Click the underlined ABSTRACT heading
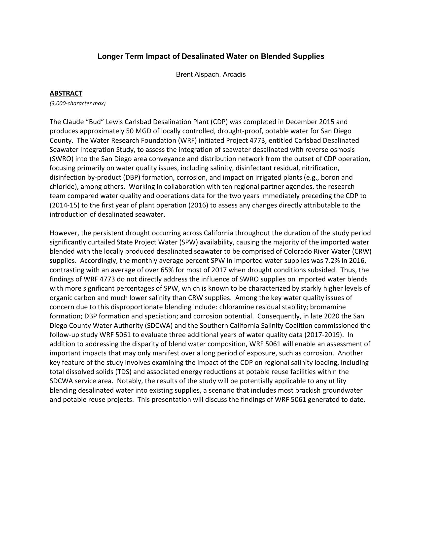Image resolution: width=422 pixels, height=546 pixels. pyautogui.click(x=66, y=93)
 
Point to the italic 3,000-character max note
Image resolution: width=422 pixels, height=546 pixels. pyautogui.click(x=78, y=103)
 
